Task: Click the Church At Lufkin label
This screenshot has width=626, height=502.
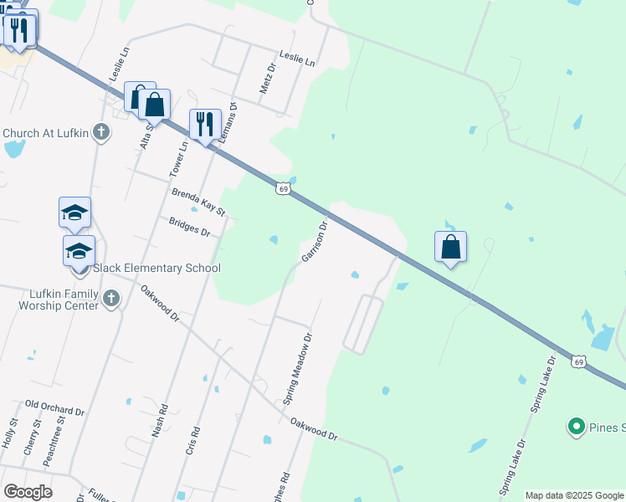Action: click(x=47, y=133)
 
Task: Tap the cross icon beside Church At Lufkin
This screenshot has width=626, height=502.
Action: click(x=101, y=132)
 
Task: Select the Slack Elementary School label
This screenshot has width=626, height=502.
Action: click(x=156, y=268)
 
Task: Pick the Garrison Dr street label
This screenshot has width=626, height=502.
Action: click(x=313, y=241)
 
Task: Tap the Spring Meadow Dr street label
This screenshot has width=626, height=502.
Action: click(x=297, y=370)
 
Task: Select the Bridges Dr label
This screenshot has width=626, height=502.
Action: click(x=189, y=227)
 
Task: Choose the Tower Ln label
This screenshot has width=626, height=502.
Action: click(x=178, y=156)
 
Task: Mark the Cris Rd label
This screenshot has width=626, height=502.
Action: click(x=192, y=441)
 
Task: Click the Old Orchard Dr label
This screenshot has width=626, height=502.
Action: click(x=55, y=407)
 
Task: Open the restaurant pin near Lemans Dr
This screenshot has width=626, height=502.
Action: click(x=205, y=125)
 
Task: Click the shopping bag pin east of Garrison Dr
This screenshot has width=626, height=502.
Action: click(x=450, y=247)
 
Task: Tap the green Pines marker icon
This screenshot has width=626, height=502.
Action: click(x=576, y=428)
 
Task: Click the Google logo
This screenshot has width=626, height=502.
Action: click(x=28, y=492)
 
